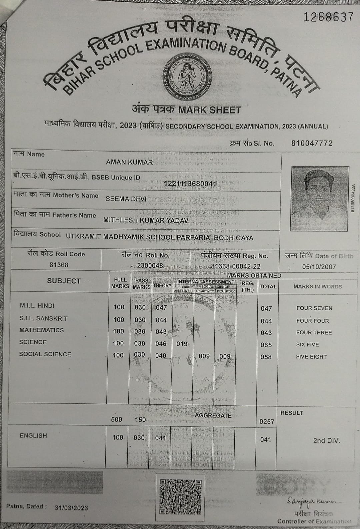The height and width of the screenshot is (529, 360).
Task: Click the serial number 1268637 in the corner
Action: click(x=328, y=17)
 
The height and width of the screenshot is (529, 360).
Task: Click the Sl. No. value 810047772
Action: click(x=312, y=143)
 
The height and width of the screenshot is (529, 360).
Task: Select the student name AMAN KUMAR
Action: click(x=129, y=162)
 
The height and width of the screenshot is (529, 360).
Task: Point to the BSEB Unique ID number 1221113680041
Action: click(x=190, y=184)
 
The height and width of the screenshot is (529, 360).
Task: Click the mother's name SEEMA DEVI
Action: click(x=126, y=199)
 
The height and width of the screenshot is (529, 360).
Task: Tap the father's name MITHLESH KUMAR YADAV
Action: click(x=146, y=220)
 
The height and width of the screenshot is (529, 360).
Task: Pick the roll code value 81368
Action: click(x=59, y=265)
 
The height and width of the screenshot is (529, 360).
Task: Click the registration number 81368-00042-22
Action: click(x=236, y=266)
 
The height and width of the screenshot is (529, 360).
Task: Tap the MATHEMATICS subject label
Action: click(x=41, y=330)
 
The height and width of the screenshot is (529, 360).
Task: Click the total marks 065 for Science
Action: click(x=266, y=345)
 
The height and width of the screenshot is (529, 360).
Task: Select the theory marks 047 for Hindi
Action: click(x=161, y=307)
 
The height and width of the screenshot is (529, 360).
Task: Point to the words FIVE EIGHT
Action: click(x=311, y=357)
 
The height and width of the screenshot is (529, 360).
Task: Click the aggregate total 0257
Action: click(x=267, y=422)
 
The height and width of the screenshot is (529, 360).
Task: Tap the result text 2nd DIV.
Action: click(x=326, y=440)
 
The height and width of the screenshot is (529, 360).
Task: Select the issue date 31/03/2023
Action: click(x=71, y=508)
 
